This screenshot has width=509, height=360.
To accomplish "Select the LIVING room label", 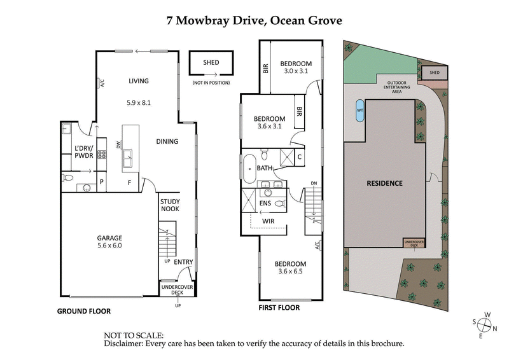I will (138, 81).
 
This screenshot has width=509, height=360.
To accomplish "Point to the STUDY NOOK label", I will (170, 205).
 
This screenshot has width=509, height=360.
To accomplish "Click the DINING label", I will (167, 141).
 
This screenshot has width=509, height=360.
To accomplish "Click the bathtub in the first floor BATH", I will (248, 167).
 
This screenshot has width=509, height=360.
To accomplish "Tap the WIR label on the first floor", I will (270, 220).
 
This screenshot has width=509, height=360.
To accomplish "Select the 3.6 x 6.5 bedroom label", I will (290, 268).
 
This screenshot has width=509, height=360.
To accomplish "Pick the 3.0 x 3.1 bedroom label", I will (296, 67).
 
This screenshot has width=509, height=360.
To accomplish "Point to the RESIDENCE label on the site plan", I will (384, 183).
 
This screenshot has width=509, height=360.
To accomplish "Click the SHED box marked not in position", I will (211, 63).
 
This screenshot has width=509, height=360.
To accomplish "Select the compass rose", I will (485, 326).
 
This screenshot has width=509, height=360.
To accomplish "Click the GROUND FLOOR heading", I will (84, 312).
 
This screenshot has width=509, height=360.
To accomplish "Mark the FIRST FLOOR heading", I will (279, 307).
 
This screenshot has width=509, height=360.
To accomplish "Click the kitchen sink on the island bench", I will (127, 155).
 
